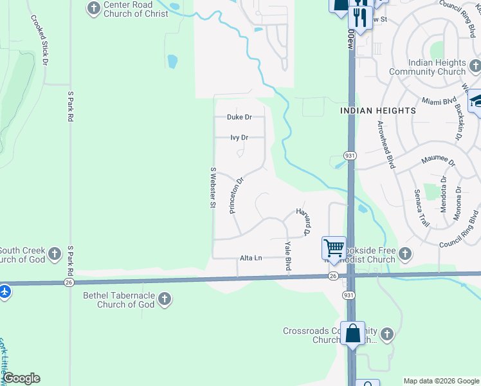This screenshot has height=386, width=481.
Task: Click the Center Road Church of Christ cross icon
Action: pos(94,8)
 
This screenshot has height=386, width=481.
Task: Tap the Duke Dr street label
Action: pos(239,117)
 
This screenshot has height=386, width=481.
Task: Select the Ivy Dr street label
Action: pos(239,137)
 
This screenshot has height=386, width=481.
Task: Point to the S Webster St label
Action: pos(212,187)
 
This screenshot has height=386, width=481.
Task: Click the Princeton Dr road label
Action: pos(236,196)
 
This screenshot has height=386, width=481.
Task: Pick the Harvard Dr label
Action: pos(304,221)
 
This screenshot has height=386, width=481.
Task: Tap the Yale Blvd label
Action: pos(288,255)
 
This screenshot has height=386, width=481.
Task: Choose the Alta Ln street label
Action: pos(251,258)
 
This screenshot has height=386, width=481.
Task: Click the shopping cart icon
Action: pos(334,247)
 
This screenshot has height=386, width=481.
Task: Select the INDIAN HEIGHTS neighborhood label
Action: pos(378,111)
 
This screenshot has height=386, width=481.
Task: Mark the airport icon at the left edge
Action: pos(5,291)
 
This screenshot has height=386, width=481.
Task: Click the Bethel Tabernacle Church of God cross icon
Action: pos(165,299)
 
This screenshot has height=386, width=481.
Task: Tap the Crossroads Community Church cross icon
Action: pos(386,334)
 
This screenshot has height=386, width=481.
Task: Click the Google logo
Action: pos(21,378)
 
